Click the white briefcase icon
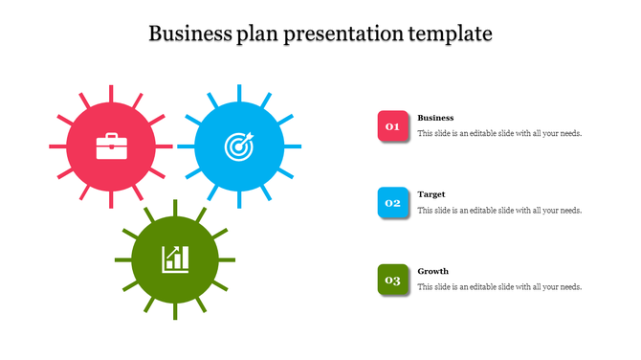pos(111,146)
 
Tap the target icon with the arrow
pos(238,146)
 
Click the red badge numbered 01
pos(392,126)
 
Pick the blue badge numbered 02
pos(392,203)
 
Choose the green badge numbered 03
pos(392,280)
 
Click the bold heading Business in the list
pos(435,118)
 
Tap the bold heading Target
pos(431,194)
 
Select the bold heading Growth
pos(433,271)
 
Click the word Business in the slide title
pos(188,34)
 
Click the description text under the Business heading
pos(499,134)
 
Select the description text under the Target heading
pos(499,211)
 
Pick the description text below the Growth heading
pos(499,287)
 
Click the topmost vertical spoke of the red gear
pos(111,93)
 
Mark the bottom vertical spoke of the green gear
pos(175,312)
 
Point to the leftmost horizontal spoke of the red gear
pos(56,146)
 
